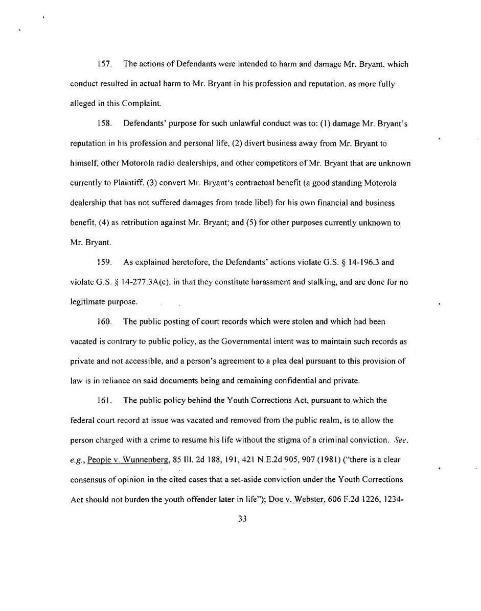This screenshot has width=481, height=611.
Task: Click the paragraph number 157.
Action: [x=104, y=65]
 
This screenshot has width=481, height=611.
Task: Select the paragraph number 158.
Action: [x=104, y=125]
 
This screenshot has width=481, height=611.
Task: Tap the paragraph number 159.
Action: [x=104, y=262]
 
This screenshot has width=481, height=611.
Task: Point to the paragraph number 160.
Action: [x=104, y=322]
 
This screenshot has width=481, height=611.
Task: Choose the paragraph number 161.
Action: [x=104, y=400]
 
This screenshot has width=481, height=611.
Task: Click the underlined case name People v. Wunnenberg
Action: [x=121, y=460]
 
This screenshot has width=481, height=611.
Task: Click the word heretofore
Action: [x=176, y=262]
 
